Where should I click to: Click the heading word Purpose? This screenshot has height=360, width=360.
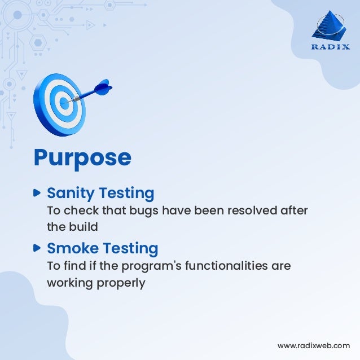(x=82, y=157)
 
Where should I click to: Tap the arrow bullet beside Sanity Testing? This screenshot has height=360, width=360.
(x=38, y=193)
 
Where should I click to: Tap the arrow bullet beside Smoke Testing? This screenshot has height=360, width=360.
(x=38, y=248)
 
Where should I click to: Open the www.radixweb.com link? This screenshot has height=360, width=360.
(x=314, y=345)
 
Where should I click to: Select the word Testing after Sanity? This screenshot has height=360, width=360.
(x=126, y=194)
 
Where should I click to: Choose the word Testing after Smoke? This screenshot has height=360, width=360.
(x=131, y=248)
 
